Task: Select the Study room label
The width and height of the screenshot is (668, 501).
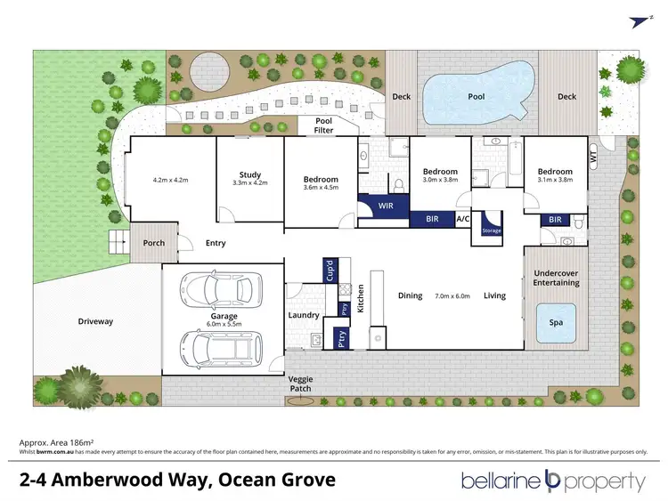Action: pos(249,174)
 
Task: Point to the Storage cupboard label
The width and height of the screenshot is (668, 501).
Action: pos(492,230)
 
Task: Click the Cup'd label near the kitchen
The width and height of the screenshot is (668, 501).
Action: pos(328,268)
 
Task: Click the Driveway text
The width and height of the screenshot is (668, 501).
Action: pos(95,321)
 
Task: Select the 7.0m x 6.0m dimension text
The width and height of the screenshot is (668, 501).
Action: pos(452,295)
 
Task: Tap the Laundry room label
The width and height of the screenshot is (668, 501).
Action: pos(305,315)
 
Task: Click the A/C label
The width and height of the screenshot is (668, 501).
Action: pos(463,218)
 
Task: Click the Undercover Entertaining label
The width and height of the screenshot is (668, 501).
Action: pos(556,278)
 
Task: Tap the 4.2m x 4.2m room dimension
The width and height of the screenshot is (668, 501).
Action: pos(172,180)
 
